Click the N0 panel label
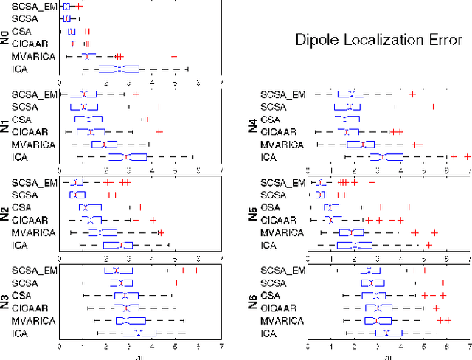click(6, 37)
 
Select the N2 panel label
click(6, 214)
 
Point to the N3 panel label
click(6, 302)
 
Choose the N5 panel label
click(254, 214)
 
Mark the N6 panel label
click(254, 302)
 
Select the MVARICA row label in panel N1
click(34, 145)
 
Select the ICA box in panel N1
click(128, 157)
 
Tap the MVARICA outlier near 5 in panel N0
click(174, 56)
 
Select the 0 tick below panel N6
click(308, 345)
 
